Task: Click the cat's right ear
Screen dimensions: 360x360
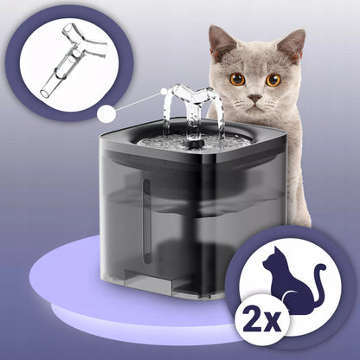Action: (x=292, y=43)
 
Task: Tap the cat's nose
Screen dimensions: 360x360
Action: (x=255, y=99)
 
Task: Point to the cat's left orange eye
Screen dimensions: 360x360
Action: (x=238, y=79)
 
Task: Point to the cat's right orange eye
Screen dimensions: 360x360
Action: (x=273, y=80)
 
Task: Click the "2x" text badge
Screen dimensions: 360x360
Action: (x=262, y=320)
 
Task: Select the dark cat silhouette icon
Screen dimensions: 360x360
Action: (x=292, y=280)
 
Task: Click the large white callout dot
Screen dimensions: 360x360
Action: (x=106, y=114)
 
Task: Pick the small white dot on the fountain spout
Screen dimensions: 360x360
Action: (x=164, y=92)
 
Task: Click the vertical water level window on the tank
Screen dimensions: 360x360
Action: (x=147, y=222)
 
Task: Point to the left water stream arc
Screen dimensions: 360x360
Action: (x=168, y=112)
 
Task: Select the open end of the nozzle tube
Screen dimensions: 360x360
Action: (x=45, y=93)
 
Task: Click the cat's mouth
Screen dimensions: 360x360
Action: (x=255, y=106)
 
